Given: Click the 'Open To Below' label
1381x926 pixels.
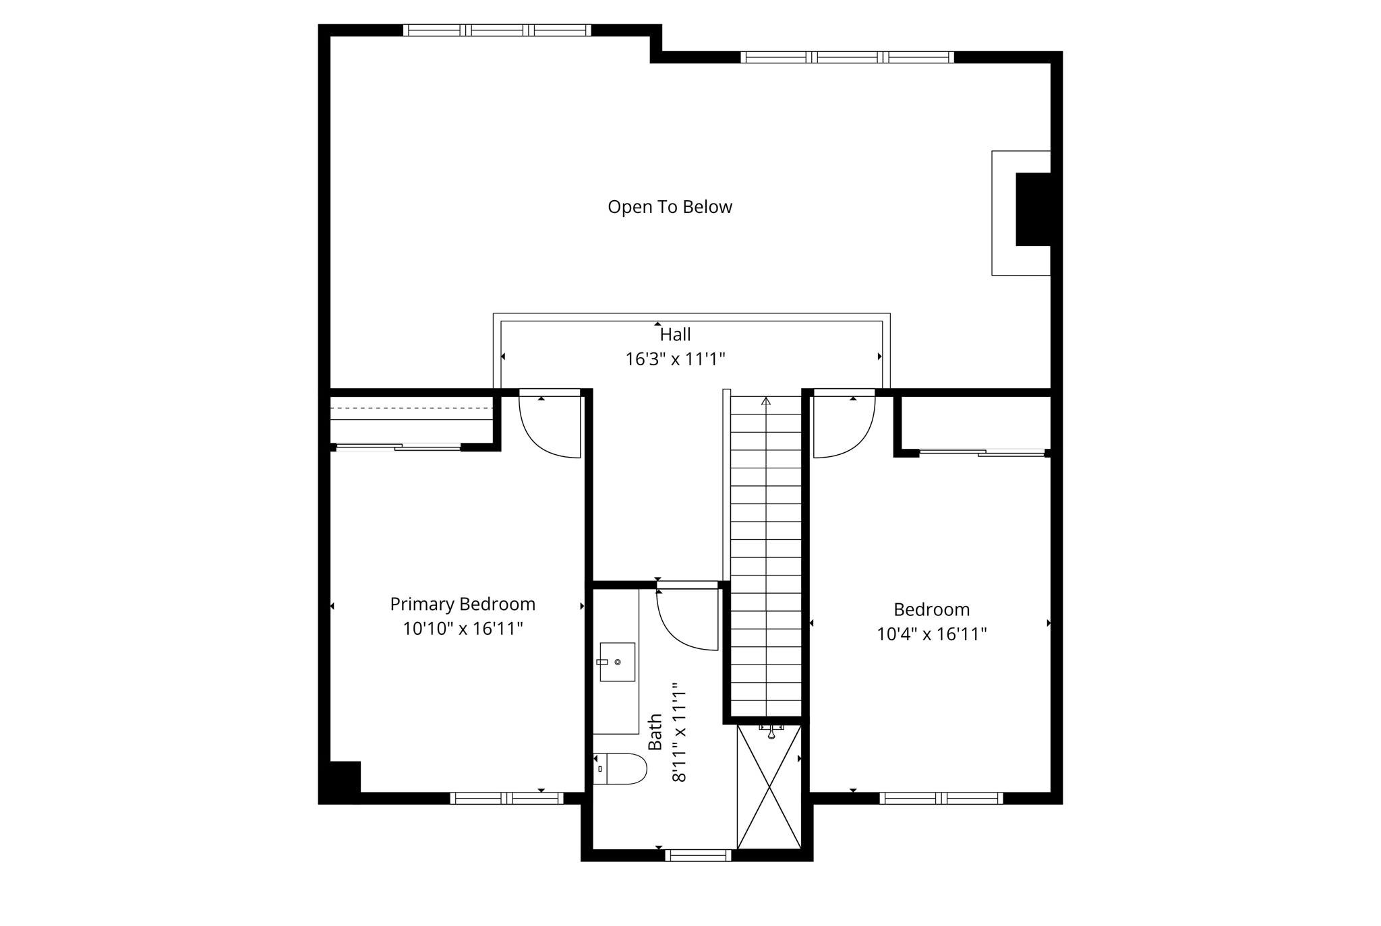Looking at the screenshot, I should pyautogui.click(x=670, y=207).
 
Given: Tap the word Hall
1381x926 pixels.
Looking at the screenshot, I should pyautogui.click(x=675, y=334).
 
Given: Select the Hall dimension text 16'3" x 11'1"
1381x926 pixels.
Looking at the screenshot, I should pyautogui.click(x=675, y=359).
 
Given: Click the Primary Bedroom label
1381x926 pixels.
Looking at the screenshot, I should pyautogui.click(x=463, y=604).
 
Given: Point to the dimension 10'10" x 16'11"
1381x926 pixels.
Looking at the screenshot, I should pyautogui.click(x=463, y=629).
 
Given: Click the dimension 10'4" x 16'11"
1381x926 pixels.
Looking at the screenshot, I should pyautogui.click(x=931, y=634).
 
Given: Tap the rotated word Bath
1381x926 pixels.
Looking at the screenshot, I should pyautogui.click(x=655, y=733).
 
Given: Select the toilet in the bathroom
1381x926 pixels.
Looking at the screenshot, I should pyautogui.click(x=621, y=768).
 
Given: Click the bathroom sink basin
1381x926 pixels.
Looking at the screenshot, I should pyautogui.click(x=617, y=662).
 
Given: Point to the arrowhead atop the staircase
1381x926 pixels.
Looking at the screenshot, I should pyautogui.click(x=765, y=401).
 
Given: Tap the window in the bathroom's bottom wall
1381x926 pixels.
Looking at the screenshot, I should pyautogui.click(x=698, y=855).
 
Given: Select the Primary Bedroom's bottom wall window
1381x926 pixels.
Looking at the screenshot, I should pyautogui.click(x=506, y=798).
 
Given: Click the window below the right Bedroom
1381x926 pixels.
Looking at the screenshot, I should pyautogui.click(x=941, y=798).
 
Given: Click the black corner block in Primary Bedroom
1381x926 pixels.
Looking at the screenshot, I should pyautogui.click(x=341, y=780).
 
